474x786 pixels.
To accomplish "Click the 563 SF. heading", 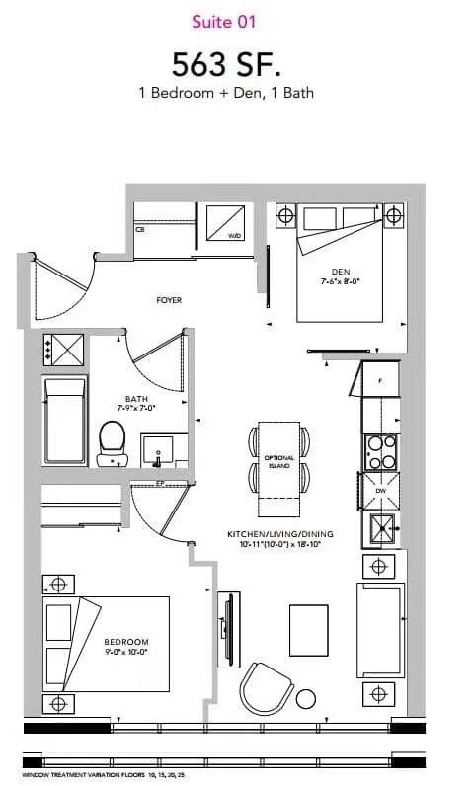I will pos(226,64).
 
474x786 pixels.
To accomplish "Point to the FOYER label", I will pos(169,299).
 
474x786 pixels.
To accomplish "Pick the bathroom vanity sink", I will pos(158,450).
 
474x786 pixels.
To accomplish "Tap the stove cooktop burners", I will pos(381,452).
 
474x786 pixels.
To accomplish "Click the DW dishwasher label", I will pos(381,490).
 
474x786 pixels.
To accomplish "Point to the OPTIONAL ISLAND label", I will pos(279,462).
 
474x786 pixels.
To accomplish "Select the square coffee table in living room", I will pos(308,629).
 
